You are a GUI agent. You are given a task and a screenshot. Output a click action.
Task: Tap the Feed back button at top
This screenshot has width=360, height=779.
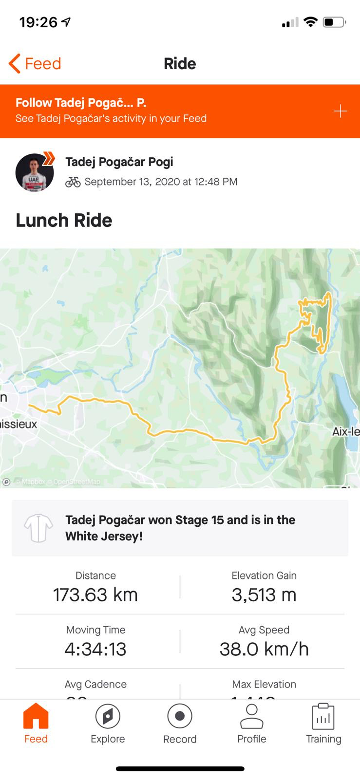pos(35,64)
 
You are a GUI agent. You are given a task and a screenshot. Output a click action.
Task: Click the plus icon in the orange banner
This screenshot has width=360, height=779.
pos(340,111)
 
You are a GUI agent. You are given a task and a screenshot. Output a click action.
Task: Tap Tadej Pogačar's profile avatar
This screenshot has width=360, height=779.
pos(35,172)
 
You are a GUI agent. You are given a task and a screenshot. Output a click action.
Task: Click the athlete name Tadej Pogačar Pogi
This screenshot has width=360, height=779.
pos(119,162)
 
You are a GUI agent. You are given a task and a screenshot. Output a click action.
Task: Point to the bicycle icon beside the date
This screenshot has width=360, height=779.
pos(73,182)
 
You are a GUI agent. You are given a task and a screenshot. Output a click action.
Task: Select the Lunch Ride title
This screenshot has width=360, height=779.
pos(64,220)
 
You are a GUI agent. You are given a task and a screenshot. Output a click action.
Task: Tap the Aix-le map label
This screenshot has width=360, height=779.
pos(346,431)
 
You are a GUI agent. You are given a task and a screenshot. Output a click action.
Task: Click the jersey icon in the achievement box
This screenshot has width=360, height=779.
pos(38,528)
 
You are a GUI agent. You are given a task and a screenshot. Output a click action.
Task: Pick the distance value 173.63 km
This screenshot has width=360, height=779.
pos(95,594)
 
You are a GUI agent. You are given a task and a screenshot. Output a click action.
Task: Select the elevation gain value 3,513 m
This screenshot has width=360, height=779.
pos(264,594)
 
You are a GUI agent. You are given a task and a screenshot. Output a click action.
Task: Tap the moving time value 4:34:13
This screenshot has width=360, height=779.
pos(95,649)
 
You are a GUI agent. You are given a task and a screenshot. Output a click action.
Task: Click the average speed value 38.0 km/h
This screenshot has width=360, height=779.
pos(264,649)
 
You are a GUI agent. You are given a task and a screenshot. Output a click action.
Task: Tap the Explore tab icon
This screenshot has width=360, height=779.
pos(108,717)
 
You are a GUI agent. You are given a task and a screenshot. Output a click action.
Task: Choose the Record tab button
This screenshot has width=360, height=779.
pos(180,717)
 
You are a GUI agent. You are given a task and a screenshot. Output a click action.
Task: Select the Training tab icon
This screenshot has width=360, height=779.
pos(323,717)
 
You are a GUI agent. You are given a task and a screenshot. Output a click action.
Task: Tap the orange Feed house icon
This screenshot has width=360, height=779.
pos(36,717)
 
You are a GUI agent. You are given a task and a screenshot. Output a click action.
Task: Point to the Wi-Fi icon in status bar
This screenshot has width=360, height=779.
pos(310,22)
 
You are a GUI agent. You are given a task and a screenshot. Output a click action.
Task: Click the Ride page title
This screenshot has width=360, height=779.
pos(180,64)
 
